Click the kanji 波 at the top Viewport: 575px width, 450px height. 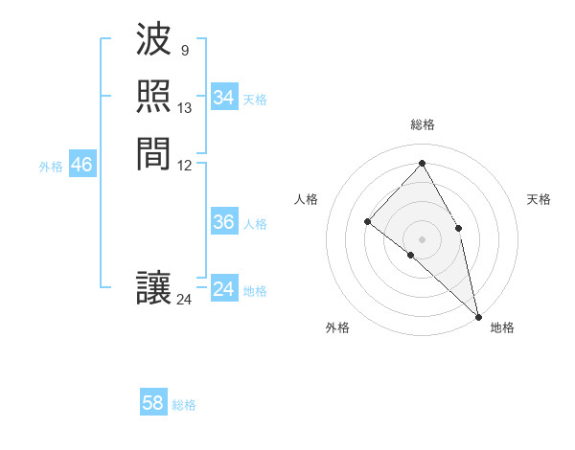tap(153, 41)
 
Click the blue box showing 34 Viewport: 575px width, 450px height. tap(223, 98)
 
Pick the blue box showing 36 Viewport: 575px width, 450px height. tap(223, 222)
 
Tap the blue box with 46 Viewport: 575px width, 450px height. tap(81, 165)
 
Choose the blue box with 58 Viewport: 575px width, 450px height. tap(153, 403)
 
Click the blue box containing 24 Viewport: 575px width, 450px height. tap(223, 289)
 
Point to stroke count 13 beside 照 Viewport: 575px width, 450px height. tap(185, 108)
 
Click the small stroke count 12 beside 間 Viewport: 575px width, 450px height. tap(185, 165)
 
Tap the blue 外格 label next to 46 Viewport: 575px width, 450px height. tap(51, 166)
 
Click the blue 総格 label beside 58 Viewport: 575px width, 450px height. tap(184, 404)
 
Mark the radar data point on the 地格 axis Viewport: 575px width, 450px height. tap(478, 315)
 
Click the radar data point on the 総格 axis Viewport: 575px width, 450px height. tap(422, 163)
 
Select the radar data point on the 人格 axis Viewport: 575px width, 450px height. tap(368, 221)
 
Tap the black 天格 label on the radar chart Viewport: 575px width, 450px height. tap(539, 199)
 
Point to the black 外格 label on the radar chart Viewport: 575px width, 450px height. tap(337, 327)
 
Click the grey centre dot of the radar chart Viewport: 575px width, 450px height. tap(422, 238)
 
